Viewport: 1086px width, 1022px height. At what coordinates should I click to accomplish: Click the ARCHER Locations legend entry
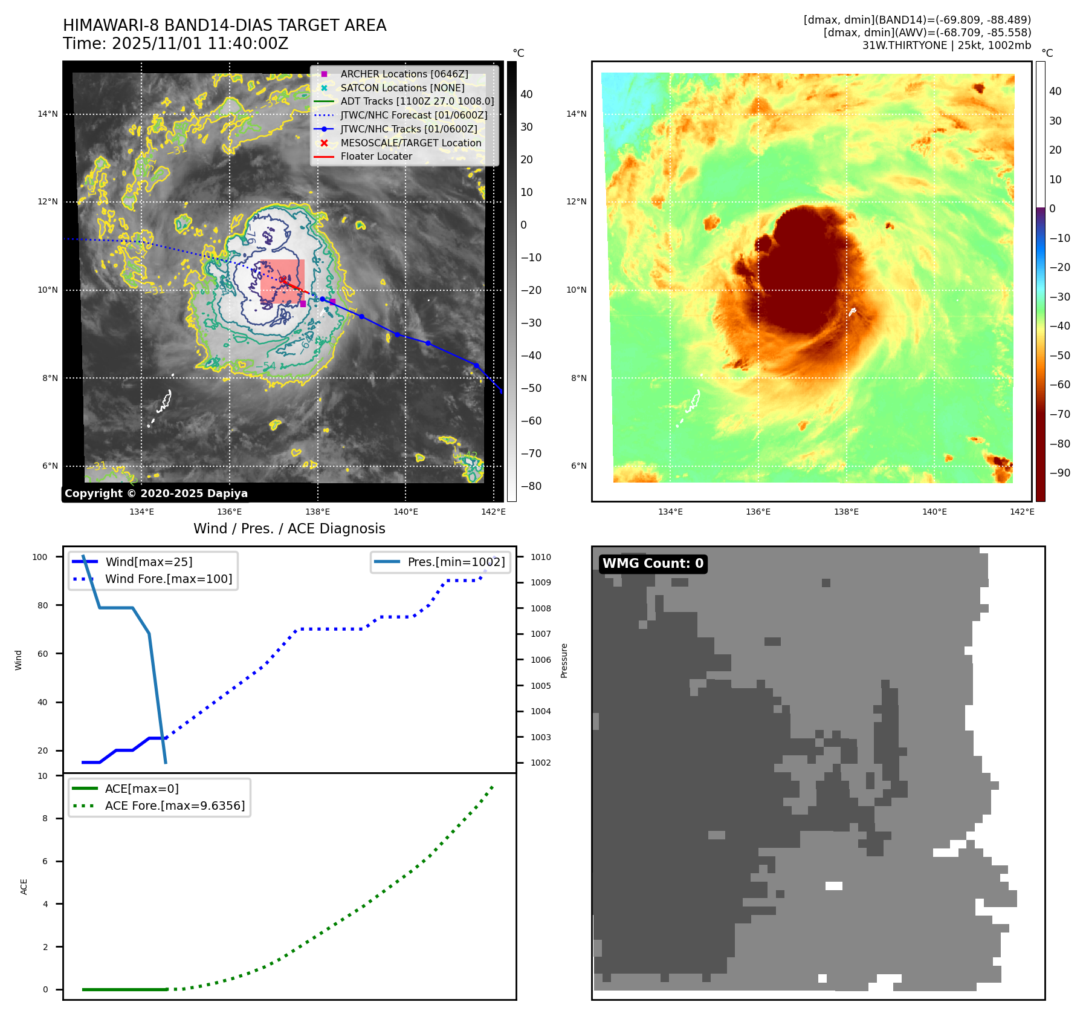pos(404,74)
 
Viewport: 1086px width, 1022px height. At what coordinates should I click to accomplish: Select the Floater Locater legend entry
pos(376,156)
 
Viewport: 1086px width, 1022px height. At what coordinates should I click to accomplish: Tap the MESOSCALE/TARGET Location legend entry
pos(410,143)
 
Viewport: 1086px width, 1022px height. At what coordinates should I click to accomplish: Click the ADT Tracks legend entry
pos(417,101)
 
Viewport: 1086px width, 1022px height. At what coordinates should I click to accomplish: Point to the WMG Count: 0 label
pos(653,564)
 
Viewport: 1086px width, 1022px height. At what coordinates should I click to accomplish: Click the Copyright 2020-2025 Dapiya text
pos(156,493)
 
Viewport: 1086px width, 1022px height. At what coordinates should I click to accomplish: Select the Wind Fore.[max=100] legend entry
pos(168,579)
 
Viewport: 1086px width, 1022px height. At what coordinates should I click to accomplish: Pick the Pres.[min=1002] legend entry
pos(456,562)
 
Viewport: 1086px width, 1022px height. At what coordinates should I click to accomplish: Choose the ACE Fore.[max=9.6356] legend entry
pos(175,806)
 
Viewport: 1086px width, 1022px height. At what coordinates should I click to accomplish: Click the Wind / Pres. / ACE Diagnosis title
pos(289,529)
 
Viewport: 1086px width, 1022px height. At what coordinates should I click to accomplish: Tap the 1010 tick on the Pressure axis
pos(541,557)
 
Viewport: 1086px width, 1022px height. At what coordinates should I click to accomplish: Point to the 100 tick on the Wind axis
pos(40,557)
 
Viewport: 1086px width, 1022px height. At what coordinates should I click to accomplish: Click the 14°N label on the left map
pos(48,114)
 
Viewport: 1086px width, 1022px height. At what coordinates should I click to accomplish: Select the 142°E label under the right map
pos(1022,512)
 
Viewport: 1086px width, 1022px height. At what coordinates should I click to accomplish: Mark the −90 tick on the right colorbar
pos(1059,473)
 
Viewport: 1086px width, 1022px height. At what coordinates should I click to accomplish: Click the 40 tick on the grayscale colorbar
pos(526,94)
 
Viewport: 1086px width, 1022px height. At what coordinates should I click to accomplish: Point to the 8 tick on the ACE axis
pos(45,818)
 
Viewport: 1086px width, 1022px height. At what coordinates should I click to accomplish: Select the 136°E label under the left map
pos(230,512)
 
